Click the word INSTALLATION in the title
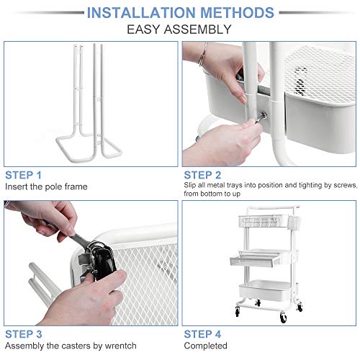(141, 12)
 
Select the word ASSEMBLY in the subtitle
(198, 30)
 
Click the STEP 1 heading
(23, 175)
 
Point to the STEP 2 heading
(202, 175)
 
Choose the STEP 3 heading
(24, 334)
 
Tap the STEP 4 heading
(202, 334)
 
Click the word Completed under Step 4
(205, 346)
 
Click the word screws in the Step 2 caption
(345, 185)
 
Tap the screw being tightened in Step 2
(261, 117)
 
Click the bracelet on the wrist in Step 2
(203, 55)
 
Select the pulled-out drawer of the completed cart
(255, 260)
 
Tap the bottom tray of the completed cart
(269, 291)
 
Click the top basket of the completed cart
(264, 221)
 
